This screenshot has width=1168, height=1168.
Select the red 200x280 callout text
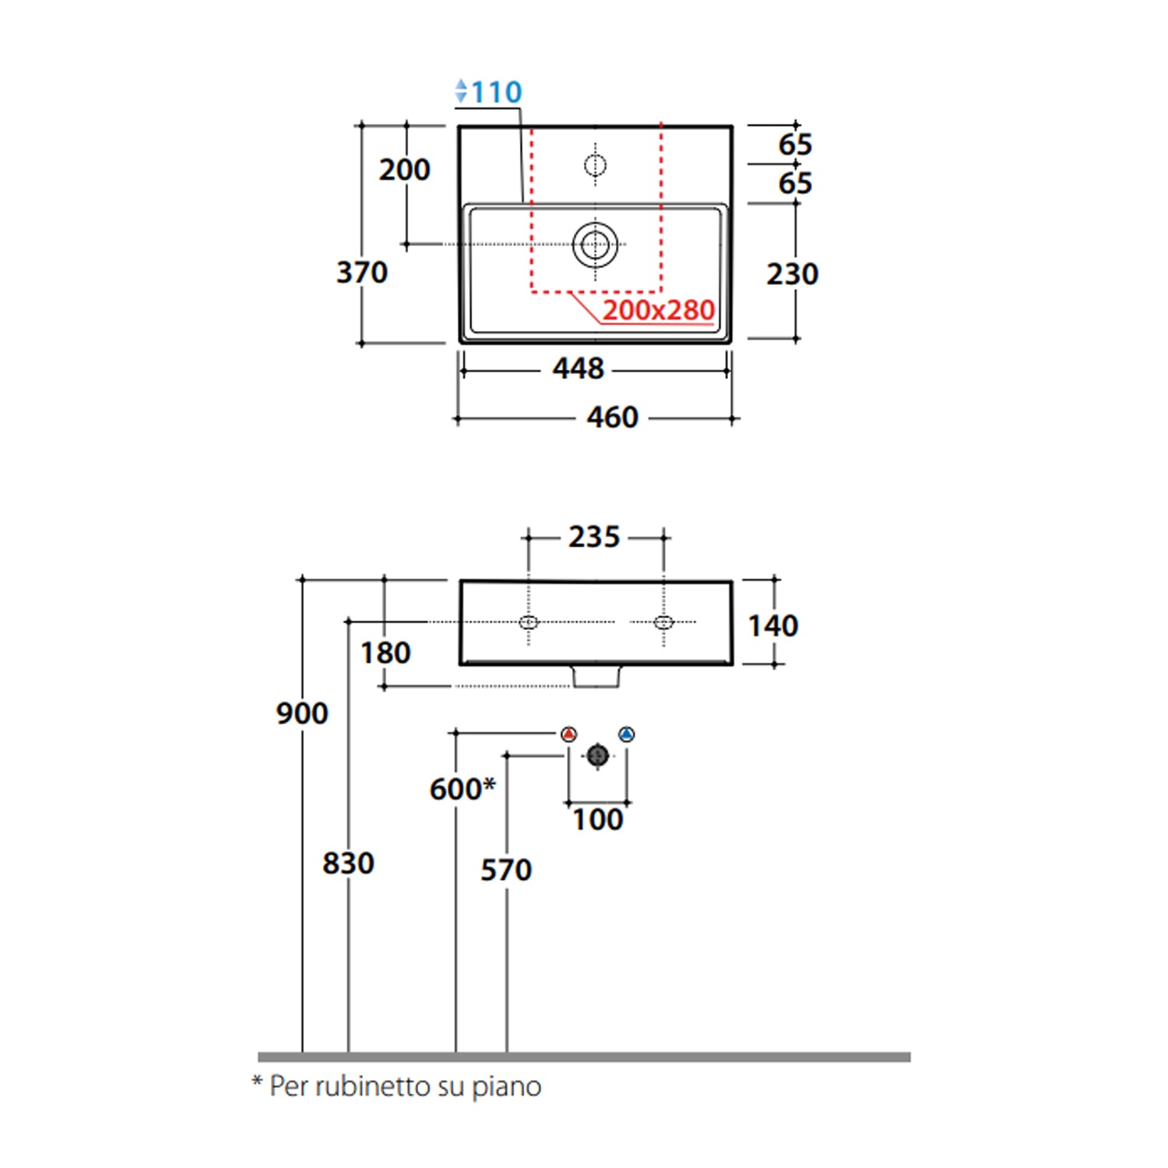pyautogui.click(x=658, y=310)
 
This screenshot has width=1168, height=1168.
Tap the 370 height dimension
pyautogui.click(x=362, y=273)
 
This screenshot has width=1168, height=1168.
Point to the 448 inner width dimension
pyautogui.click(x=578, y=368)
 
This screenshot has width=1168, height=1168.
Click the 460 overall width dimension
pyautogui.click(x=612, y=417)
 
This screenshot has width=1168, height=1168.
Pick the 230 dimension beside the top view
pyautogui.click(x=792, y=274)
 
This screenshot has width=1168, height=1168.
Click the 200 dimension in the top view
pyautogui.click(x=404, y=170)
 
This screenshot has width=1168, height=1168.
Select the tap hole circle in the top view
pyautogui.click(x=596, y=165)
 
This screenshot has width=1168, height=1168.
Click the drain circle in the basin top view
pyautogui.click(x=596, y=245)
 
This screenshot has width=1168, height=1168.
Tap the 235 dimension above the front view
pyautogui.click(x=593, y=537)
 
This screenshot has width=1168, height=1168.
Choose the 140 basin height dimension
pyautogui.click(x=772, y=626)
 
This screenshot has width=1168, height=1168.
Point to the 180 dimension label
pyautogui.click(x=385, y=653)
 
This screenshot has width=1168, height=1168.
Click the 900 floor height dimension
pyautogui.click(x=302, y=713)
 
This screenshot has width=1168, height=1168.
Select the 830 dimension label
pyautogui.click(x=348, y=864)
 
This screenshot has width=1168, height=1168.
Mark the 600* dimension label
pyautogui.click(x=462, y=789)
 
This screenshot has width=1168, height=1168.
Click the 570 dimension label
pyautogui.click(x=506, y=870)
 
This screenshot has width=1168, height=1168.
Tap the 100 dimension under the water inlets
pyautogui.click(x=597, y=820)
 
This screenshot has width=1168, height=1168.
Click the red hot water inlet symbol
pyautogui.click(x=569, y=734)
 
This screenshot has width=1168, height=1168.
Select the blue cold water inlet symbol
pyautogui.click(x=627, y=734)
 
